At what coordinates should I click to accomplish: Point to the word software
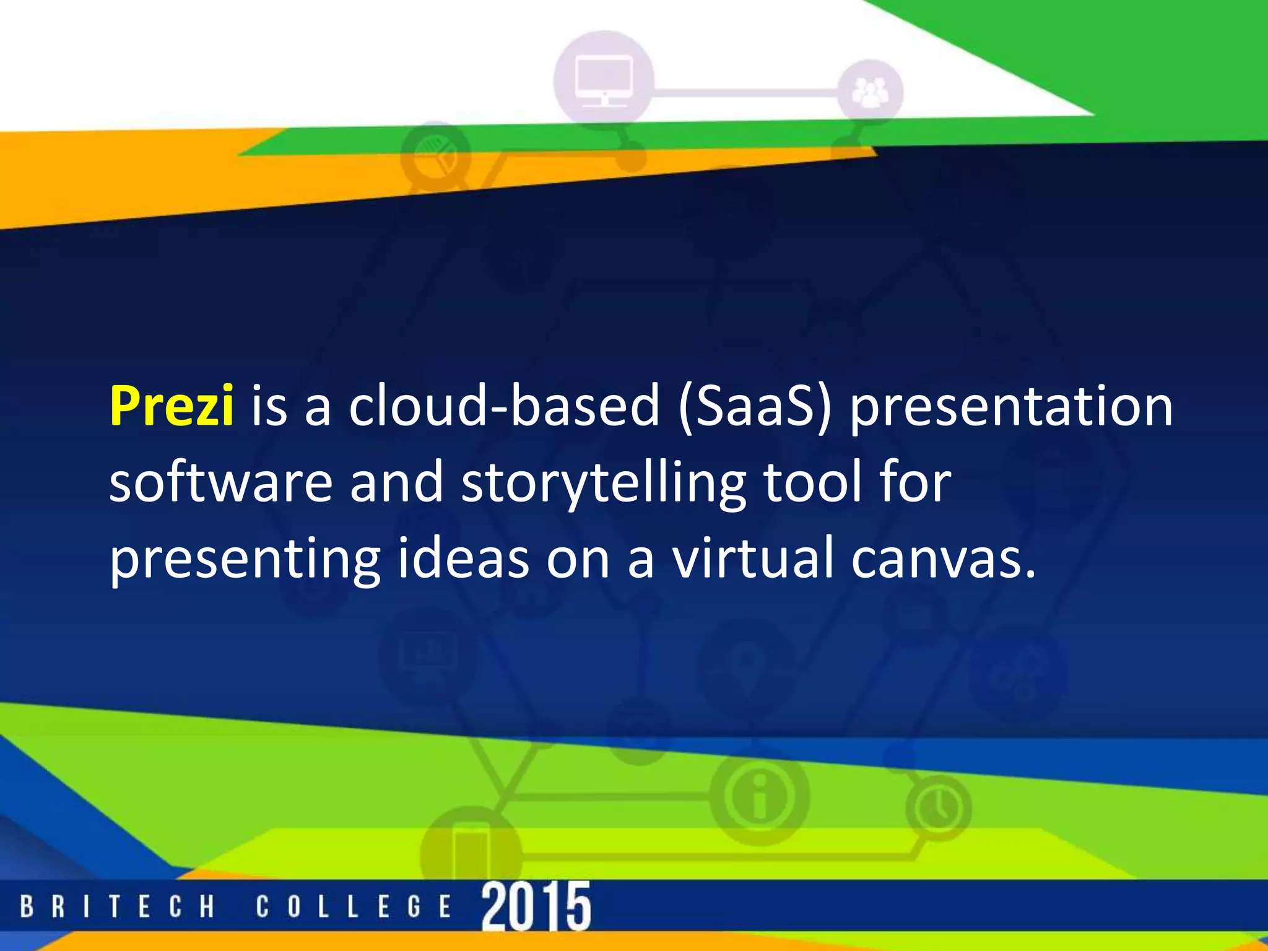(x=221, y=482)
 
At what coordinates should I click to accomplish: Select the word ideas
(x=463, y=558)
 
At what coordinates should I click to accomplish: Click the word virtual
(x=753, y=558)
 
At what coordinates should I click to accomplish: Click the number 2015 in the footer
(x=536, y=906)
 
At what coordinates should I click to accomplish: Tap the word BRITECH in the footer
(x=117, y=907)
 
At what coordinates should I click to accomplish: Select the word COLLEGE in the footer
(x=354, y=907)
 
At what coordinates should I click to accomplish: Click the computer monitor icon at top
(x=603, y=80)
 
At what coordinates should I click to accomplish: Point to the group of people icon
(x=870, y=93)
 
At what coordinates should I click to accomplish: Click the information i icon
(x=759, y=795)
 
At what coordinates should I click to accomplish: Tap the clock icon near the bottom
(x=938, y=807)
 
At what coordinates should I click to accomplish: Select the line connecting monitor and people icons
(x=743, y=93)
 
